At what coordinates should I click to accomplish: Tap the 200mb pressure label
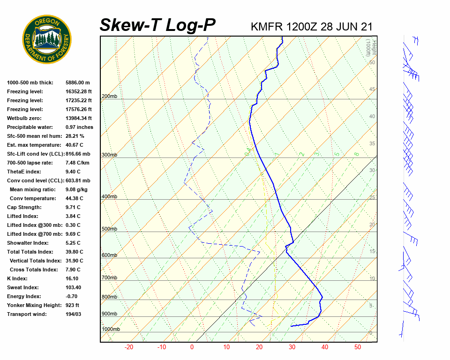pyautogui.click(x=109, y=97)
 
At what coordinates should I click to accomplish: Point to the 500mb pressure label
pyautogui.click(x=109, y=229)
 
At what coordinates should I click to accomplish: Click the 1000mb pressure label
pyautogui.click(x=111, y=329)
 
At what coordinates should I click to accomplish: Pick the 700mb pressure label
pyautogui.click(x=109, y=277)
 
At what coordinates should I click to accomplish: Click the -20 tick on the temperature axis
pyautogui.click(x=129, y=347)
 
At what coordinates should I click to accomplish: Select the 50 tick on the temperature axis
pyautogui.click(x=358, y=347)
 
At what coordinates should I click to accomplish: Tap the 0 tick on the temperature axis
pyautogui.click(x=192, y=347)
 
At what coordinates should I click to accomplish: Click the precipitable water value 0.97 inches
pyautogui.click(x=79, y=127)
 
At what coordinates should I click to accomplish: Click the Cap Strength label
pyautogui.click(x=24, y=207)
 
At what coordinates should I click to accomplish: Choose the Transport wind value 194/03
pyautogui.click(x=74, y=314)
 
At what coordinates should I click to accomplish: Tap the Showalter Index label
pyautogui.click(x=28, y=243)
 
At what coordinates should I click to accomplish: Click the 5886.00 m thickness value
pyautogui.click(x=78, y=82)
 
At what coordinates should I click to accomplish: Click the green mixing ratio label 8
pyautogui.click(x=356, y=154)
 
